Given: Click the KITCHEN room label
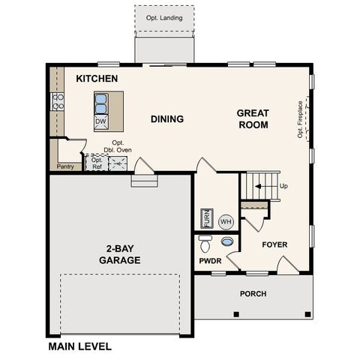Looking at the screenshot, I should tap(97, 78).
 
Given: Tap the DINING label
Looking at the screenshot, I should tap(166, 118).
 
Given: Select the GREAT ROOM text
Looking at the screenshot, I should tap(253, 119).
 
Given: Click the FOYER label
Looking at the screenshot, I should tap(274, 244).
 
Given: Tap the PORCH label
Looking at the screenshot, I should tap(253, 293).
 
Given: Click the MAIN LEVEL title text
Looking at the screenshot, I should tap(79, 346).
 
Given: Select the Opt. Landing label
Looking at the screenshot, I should tap(164, 18).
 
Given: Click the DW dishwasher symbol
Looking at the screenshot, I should tap(101, 121).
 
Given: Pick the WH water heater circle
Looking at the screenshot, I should tap(226, 221).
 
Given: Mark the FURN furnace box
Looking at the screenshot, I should tap(206, 218).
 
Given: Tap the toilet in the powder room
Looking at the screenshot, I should tap(205, 244).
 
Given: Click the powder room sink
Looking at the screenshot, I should tap(226, 242).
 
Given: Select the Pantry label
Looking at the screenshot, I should tap(65, 166).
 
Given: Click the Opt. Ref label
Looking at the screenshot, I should tap(96, 163).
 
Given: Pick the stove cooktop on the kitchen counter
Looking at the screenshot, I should tap(57, 101).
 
